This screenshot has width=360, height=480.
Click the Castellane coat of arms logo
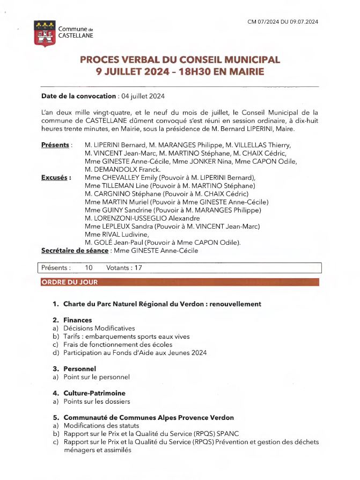pyautogui.click(x=44, y=33)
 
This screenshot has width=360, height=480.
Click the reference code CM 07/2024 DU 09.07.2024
pyautogui.click(x=283, y=22)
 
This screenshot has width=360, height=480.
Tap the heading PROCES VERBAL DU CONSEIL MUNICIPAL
pyautogui.click(x=180, y=60)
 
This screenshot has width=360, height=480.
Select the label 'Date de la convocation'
pyautogui.click(x=78, y=96)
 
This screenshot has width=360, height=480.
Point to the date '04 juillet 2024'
pyautogui.click(x=143, y=96)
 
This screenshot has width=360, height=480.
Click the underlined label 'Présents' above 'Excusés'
pyautogui.click(x=55, y=145)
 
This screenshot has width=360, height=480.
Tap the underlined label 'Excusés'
pyautogui.click(x=56, y=177)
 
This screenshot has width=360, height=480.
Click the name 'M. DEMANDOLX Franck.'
pyautogui.click(x=115, y=169)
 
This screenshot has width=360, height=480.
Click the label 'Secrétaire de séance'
pyautogui.click(x=75, y=251)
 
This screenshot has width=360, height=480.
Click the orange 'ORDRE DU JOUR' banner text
pyautogui.click(x=70, y=282)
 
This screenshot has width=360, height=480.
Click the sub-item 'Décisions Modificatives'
pyautogui.click(x=99, y=328)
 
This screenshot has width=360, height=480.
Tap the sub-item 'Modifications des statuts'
pyautogui.click(x=101, y=426)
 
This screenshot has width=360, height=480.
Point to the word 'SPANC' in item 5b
pyautogui.click(x=242, y=434)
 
